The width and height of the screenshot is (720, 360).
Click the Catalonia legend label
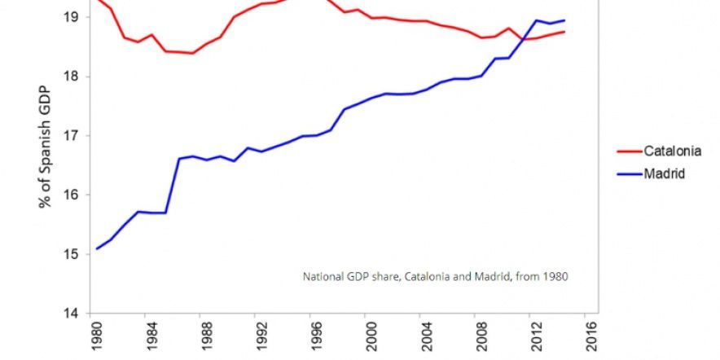pyautogui.click(x=672, y=151)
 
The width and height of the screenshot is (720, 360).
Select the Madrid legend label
pyautogui.click(x=664, y=174)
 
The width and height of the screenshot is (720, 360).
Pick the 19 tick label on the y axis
pyautogui.click(x=72, y=17)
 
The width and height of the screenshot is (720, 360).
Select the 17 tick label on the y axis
pyautogui.click(x=72, y=136)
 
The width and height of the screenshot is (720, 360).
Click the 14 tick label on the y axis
pyautogui.click(x=72, y=314)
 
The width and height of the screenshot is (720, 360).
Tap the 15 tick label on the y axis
pyautogui.click(x=72, y=254)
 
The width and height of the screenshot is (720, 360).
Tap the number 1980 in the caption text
pyautogui.click(x=556, y=277)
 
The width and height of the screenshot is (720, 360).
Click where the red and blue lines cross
pyautogui.click(x=522, y=39)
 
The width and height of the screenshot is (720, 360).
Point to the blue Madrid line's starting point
pyautogui.click(x=97, y=249)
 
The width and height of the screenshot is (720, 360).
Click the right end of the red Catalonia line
pyautogui.click(x=564, y=31)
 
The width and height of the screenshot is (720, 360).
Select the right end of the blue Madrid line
pyautogui.click(x=564, y=20)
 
